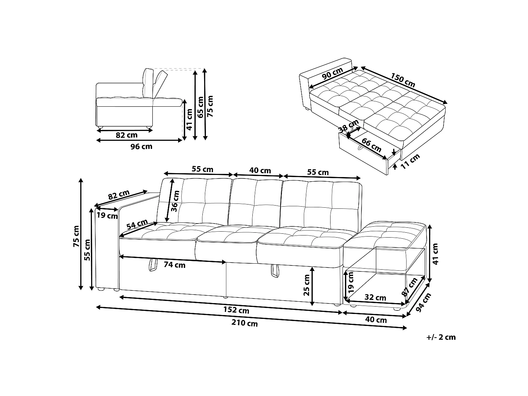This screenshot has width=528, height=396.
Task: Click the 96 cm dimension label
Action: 141,146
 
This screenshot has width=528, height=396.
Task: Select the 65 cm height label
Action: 200,107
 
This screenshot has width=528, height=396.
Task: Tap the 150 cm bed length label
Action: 403,80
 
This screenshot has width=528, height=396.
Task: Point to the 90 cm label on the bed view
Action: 332,73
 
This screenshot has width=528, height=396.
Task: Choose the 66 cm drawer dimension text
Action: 371,145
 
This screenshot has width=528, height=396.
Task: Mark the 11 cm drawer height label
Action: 410,161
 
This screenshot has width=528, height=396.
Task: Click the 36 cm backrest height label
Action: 175,201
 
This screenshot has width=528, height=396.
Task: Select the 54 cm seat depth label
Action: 137,224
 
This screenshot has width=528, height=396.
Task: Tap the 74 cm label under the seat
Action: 174,265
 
